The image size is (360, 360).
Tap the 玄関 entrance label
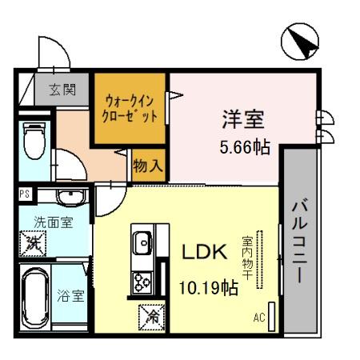point(60,90)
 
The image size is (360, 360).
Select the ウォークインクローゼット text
point(130,109)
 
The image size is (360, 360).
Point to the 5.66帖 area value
point(243,148)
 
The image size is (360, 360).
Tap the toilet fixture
point(34,140)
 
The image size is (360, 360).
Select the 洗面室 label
point(52,222)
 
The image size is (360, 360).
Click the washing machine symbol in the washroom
point(34,241)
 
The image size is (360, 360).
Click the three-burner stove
point(143,281)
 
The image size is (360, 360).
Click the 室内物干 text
point(248,257)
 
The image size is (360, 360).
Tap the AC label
point(259,318)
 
